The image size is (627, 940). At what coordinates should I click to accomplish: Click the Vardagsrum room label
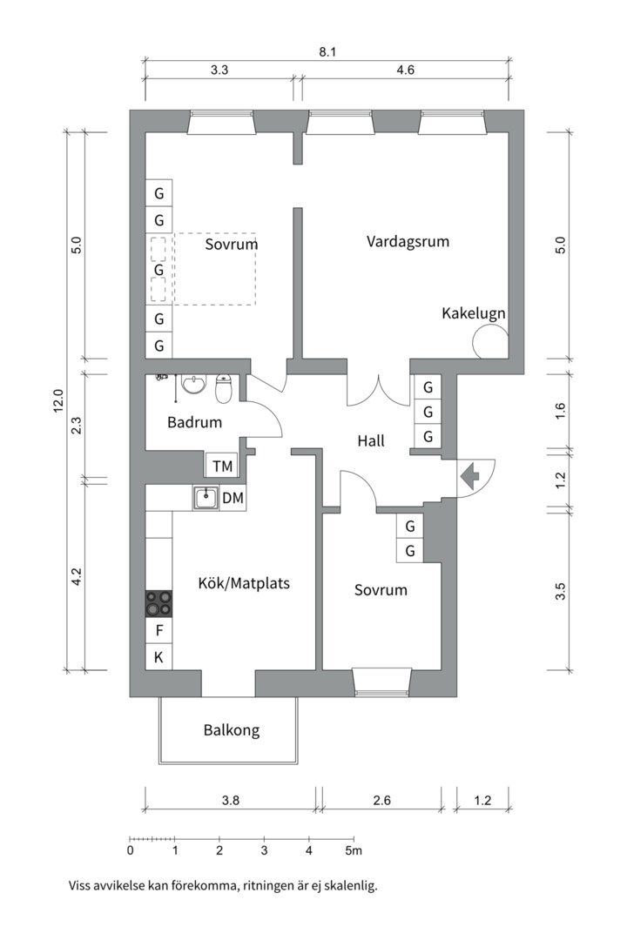tap(408, 241)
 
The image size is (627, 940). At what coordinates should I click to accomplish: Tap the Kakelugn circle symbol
tap(489, 342)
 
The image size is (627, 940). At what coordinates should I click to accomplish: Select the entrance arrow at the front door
tap(471, 476)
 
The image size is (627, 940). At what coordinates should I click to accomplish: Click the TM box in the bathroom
tap(223, 467)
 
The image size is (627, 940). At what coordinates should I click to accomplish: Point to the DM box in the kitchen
tap(233, 498)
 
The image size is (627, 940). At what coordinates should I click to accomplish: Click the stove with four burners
tap(158, 603)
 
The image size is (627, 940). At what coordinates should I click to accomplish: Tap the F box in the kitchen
tap(158, 630)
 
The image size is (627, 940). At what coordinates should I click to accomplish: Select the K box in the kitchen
tap(158, 657)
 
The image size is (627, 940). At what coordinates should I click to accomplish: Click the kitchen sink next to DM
tap(206, 498)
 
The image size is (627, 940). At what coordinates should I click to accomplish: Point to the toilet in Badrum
tap(223, 389)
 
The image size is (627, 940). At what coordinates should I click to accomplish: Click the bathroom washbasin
tap(192, 384)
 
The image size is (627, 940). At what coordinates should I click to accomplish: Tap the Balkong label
tap(232, 730)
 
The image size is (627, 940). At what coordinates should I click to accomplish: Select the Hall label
tap(371, 441)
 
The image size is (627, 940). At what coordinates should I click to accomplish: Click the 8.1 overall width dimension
tap(327, 52)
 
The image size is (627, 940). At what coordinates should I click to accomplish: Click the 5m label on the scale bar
tap(353, 849)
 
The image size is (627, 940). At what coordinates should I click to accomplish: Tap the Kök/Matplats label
tap(244, 583)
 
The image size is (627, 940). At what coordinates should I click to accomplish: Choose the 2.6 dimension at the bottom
tap(381, 801)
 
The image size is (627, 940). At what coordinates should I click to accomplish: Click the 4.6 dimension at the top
tap(404, 71)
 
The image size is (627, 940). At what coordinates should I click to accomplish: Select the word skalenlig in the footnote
tap(348, 886)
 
